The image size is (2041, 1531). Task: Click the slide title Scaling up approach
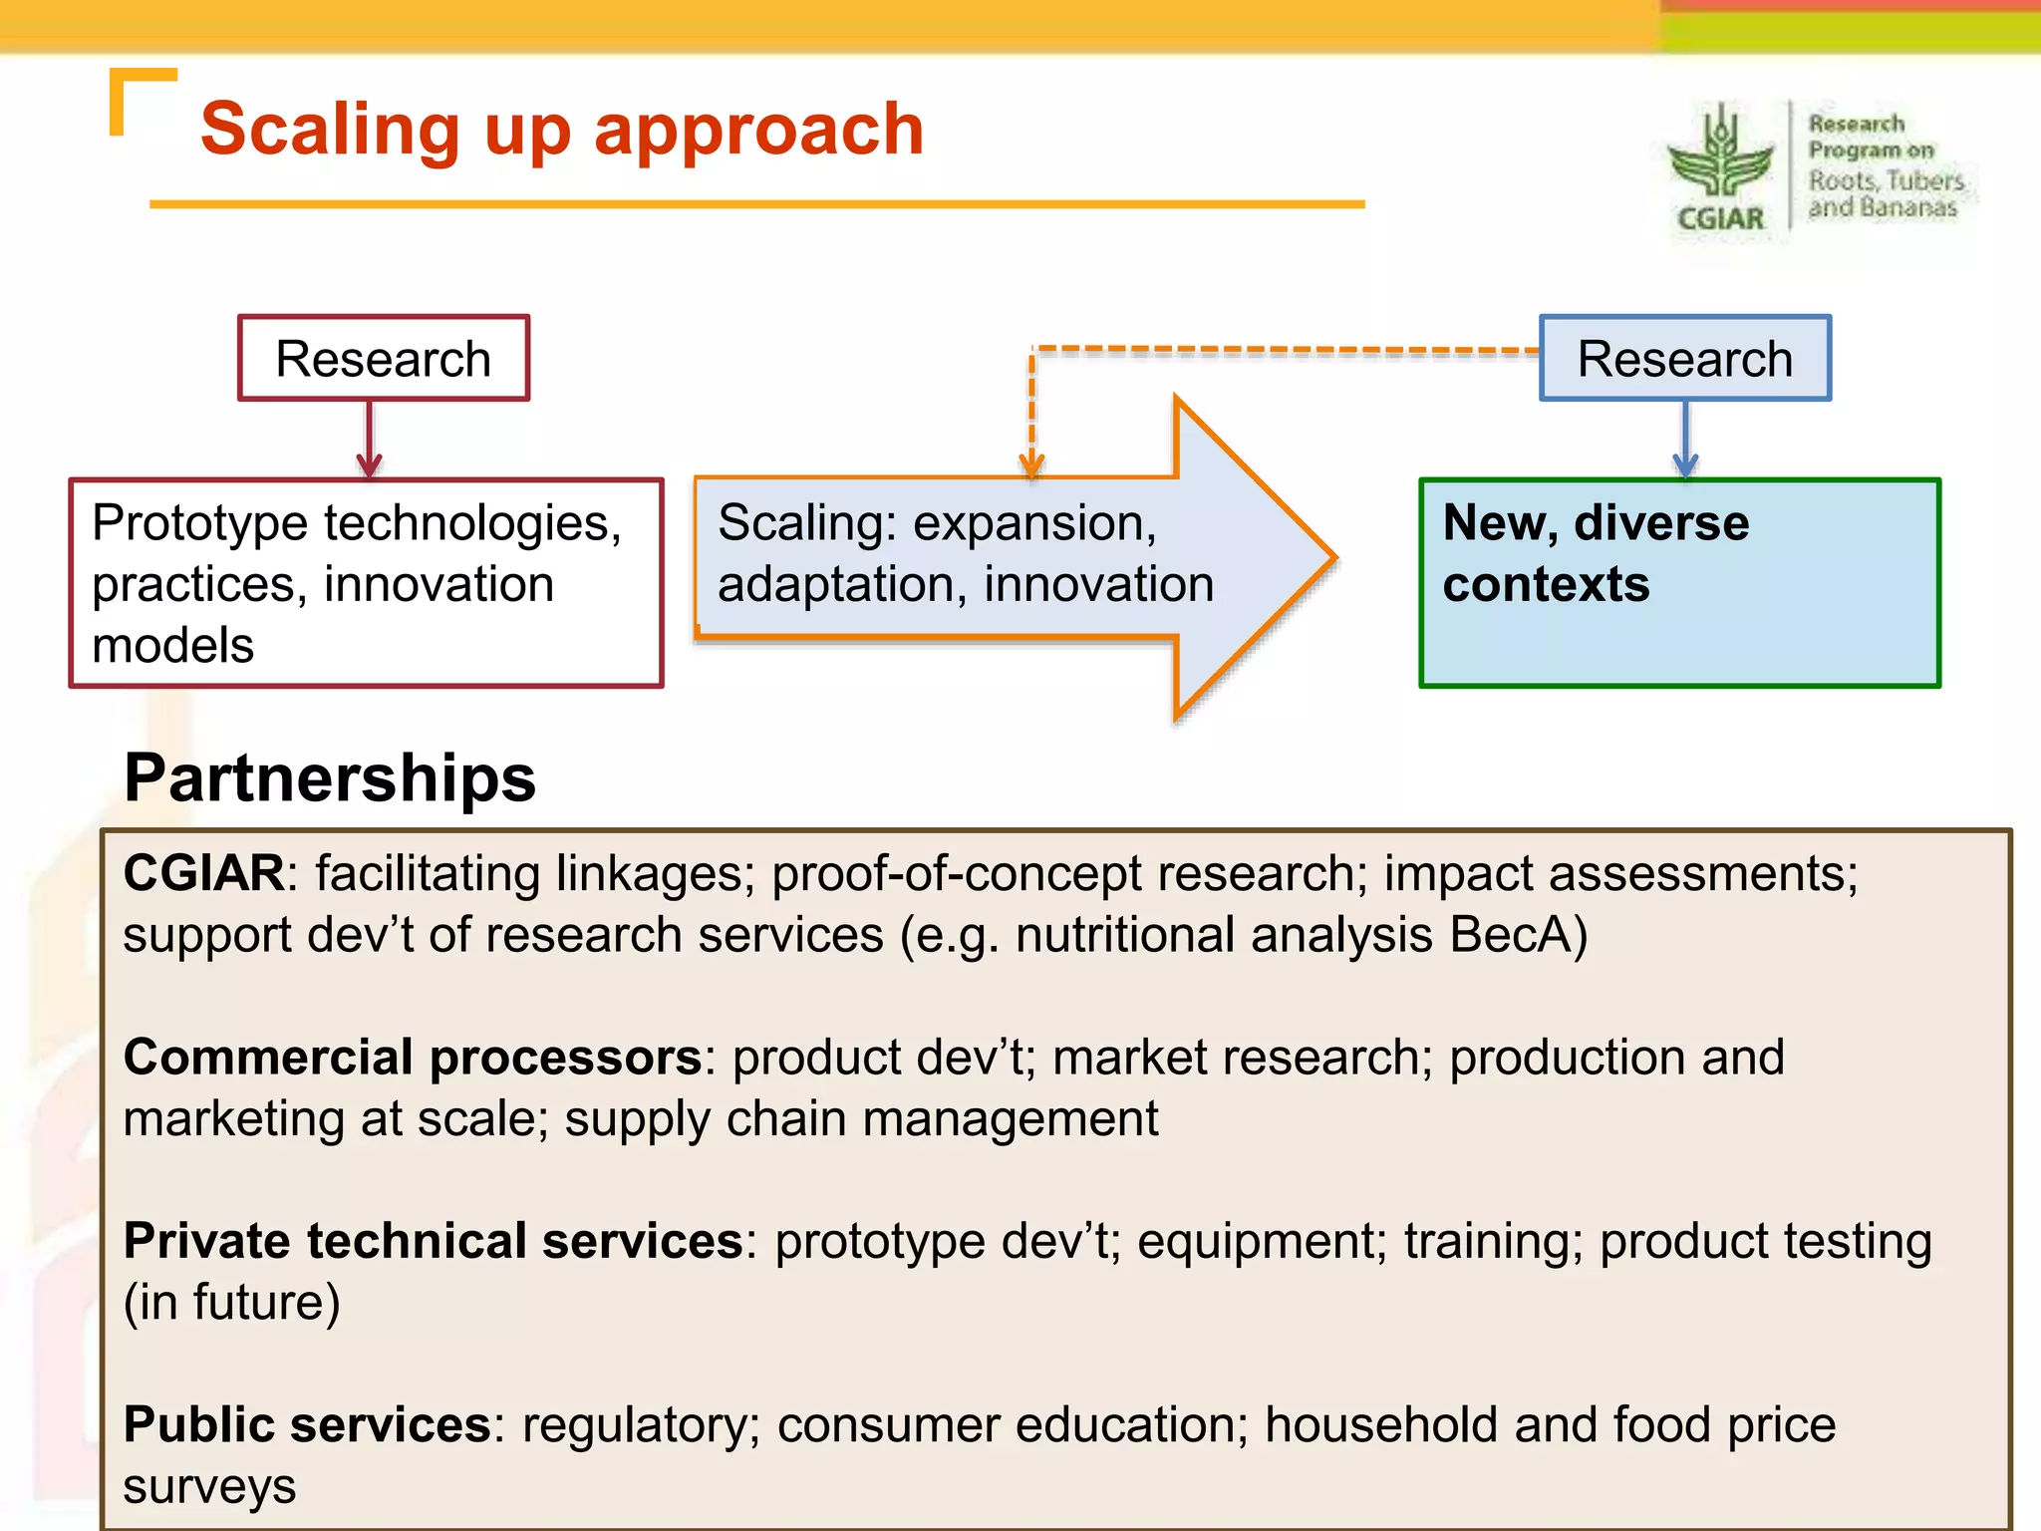pyautogui.click(x=562, y=130)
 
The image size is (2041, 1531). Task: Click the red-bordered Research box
pyautogui.click(x=383, y=359)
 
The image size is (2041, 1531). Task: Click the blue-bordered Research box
pyautogui.click(x=1684, y=359)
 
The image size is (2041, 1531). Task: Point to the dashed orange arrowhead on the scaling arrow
pyautogui.click(x=1031, y=464)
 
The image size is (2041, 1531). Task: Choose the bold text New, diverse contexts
pyautogui.click(x=1595, y=553)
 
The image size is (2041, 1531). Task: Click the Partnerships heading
pyautogui.click(x=330, y=777)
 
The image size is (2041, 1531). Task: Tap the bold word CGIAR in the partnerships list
pyautogui.click(x=204, y=873)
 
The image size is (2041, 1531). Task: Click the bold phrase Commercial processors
pyautogui.click(x=413, y=1057)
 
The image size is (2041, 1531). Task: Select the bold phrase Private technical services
pyautogui.click(x=434, y=1241)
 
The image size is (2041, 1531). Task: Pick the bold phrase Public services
pyautogui.click(x=307, y=1424)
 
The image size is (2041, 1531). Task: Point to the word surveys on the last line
pyautogui.click(x=209, y=1486)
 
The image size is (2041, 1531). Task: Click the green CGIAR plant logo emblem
pyautogui.click(x=1720, y=154)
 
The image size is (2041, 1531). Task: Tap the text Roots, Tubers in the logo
pyautogui.click(x=1886, y=180)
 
